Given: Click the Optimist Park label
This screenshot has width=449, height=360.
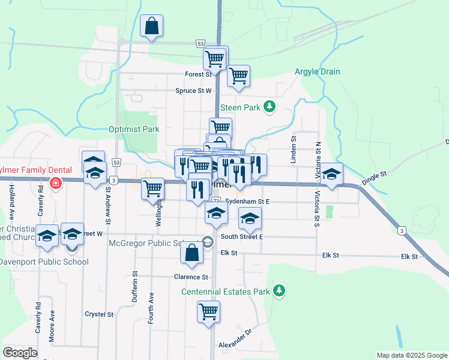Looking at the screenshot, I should (x=134, y=129).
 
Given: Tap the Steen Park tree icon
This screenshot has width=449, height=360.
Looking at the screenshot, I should (x=270, y=107).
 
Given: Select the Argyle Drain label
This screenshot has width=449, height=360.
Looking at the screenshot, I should (x=317, y=72).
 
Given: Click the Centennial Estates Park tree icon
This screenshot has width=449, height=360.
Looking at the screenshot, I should (x=279, y=292).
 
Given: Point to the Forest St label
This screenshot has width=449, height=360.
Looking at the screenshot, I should (x=199, y=74).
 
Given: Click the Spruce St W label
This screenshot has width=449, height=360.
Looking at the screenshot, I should (x=193, y=91).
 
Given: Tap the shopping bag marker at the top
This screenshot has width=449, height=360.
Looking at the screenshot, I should (x=152, y=26).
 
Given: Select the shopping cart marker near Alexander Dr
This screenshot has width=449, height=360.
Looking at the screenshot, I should (x=208, y=311).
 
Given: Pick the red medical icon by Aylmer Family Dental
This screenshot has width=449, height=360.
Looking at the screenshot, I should (x=55, y=182).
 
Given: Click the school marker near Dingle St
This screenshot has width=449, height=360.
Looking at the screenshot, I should (x=331, y=174).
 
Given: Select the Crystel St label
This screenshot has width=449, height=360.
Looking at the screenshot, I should (x=99, y=314).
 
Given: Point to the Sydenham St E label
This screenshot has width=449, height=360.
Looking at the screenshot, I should (x=247, y=202).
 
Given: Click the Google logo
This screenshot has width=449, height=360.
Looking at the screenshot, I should (x=20, y=353).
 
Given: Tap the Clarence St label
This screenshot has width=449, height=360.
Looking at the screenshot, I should (x=191, y=277).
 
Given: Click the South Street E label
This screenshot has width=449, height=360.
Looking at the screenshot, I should (x=242, y=237).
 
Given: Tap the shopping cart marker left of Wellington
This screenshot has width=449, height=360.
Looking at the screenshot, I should (x=153, y=188).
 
